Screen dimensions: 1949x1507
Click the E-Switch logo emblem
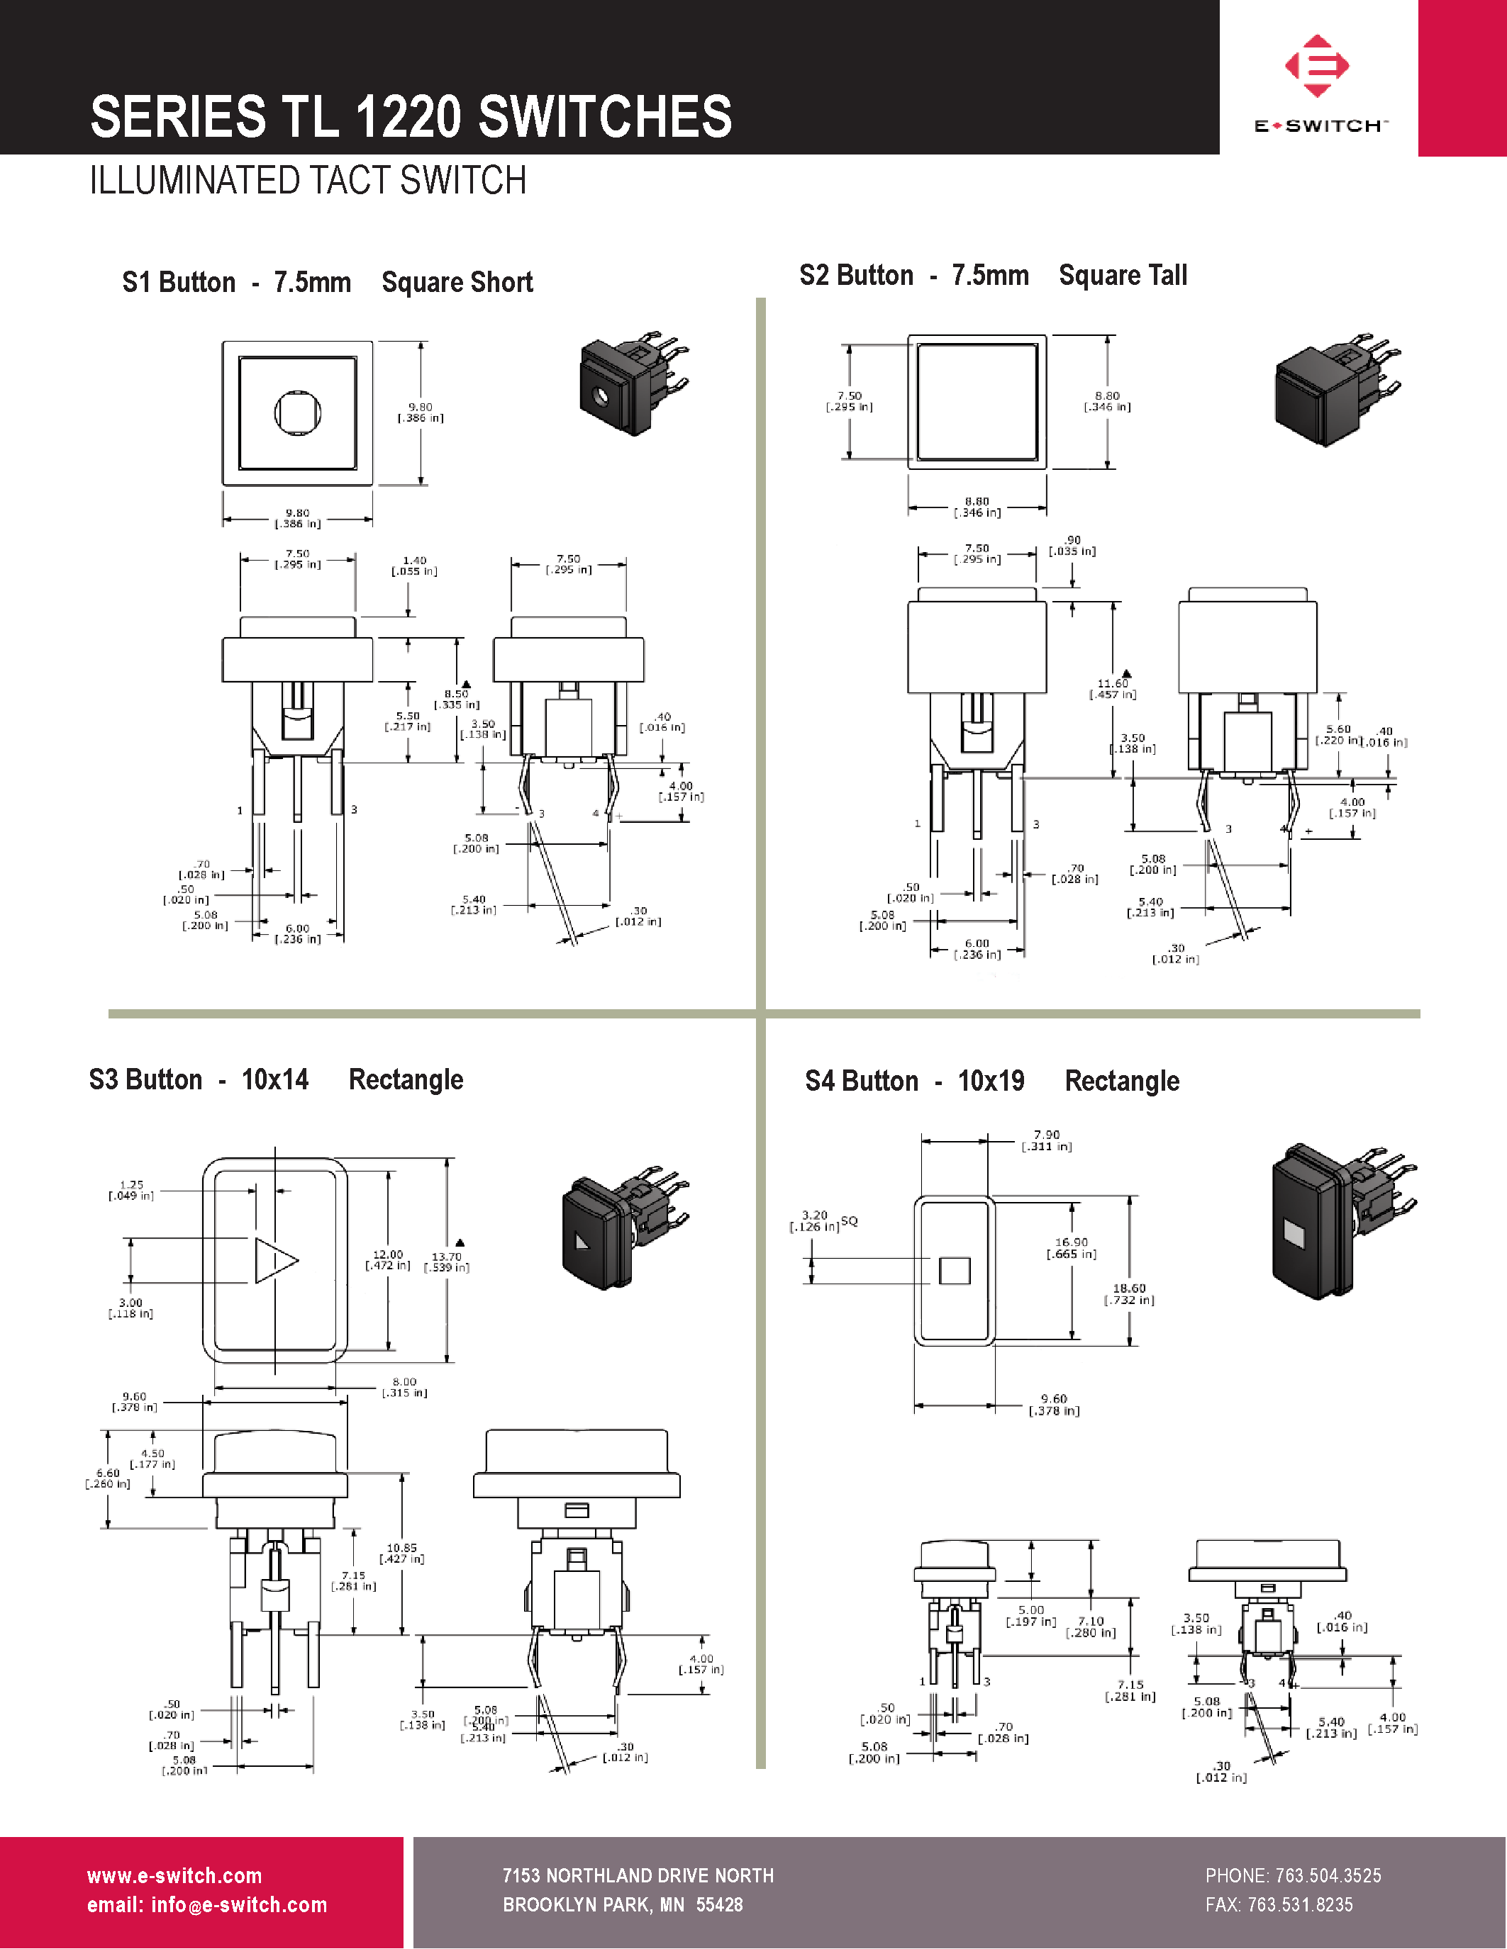point(1317,65)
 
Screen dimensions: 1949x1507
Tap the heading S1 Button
point(179,282)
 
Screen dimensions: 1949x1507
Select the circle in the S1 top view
point(297,412)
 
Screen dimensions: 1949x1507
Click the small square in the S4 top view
point(955,1270)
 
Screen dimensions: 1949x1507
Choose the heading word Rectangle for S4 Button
point(1121,1081)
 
